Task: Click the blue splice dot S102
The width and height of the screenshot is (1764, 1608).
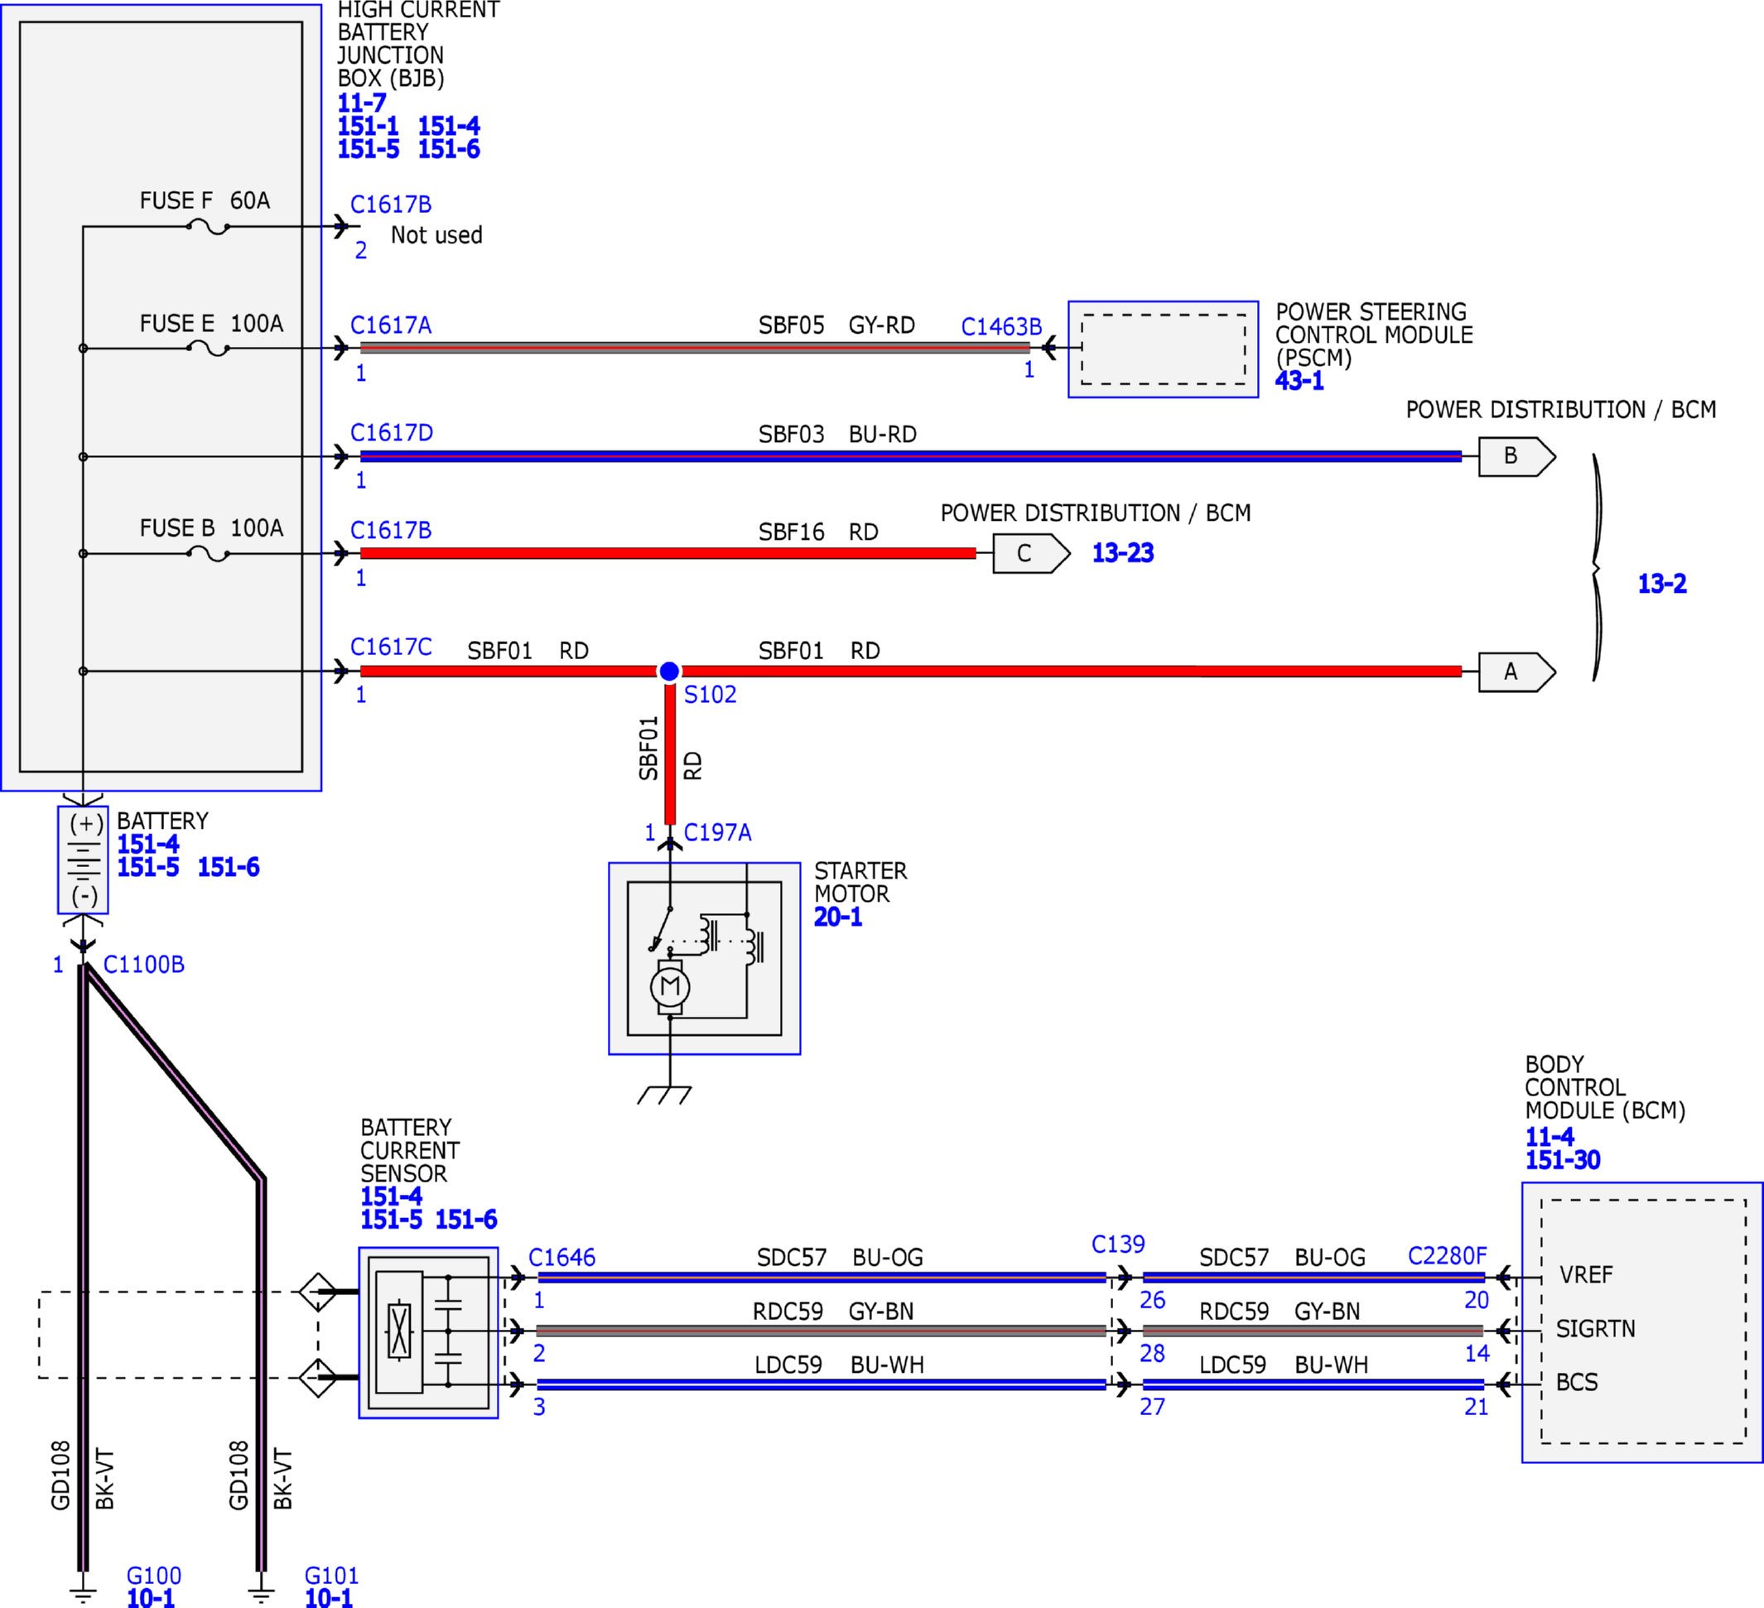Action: tap(668, 671)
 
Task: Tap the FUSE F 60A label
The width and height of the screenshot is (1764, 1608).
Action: tap(205, 200)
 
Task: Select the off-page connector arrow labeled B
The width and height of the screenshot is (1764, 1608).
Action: tap(1517, 455)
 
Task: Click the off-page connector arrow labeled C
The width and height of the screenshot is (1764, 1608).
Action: tap(1032, 553)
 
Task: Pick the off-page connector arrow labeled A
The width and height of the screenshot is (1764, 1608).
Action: tap(1517, 672)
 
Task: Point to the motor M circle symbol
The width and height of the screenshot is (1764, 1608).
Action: tap(670, 987)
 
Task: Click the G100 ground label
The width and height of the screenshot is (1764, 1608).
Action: tap(154, 1575)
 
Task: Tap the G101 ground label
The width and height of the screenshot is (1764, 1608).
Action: tap(331, 1575)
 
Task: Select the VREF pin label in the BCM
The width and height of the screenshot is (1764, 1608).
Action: tap(1585, 1274)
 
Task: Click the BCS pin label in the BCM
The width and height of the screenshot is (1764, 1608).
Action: tap(1577, 1382)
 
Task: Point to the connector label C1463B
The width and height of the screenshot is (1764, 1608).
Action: tap(1001, 326)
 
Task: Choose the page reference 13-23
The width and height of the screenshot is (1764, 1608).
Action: tap(1123, 553)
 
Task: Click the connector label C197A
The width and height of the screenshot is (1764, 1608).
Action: tap(717, 832)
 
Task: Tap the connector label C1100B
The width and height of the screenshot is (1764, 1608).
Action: tap(143, 964)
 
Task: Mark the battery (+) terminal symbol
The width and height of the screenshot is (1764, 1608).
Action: tap(86, 823)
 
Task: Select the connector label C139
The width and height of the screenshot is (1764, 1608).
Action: tap(1118, 1244)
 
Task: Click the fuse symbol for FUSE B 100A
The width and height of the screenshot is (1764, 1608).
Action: tap(208, 554)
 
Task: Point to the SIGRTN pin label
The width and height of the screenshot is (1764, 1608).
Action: tap(1595, 1329)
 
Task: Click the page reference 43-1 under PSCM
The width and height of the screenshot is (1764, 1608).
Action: tap(1299, 381)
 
